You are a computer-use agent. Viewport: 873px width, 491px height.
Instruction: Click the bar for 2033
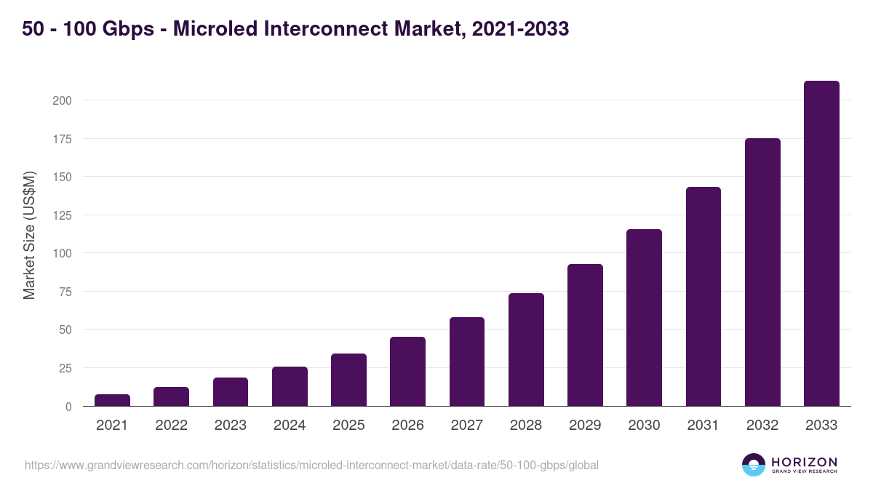pos(821,244)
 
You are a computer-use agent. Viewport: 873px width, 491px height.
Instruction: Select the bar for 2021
pos(112,400)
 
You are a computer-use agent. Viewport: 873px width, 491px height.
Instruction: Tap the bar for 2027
pos(466,362)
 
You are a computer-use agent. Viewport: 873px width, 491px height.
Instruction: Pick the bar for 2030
pos(644,318)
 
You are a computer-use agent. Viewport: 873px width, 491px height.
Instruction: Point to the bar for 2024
pos(290,386)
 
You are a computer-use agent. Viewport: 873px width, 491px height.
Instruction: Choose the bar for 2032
pos(762,272)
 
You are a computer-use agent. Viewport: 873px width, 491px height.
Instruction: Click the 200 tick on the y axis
pos(62,100)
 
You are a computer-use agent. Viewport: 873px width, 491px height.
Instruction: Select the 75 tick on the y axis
pos(65,292)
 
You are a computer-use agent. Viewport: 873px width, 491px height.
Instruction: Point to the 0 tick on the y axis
pos(68,407)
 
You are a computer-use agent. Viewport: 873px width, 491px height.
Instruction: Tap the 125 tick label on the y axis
pos(62,215)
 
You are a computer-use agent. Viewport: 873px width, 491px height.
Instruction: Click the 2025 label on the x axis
pos(348,426)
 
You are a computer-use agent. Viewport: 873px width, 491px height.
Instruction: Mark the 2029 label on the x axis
pos(585,426)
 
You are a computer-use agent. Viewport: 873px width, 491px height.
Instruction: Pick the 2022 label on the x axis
pos(171,426)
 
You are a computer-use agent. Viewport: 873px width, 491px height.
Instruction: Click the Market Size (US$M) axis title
pos(29,235)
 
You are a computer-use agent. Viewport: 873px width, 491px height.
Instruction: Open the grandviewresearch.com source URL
pos(311,465)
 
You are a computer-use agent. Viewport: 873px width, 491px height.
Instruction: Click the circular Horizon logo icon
pos(754,465)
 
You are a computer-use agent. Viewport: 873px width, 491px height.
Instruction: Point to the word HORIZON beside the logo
pos(804,462)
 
